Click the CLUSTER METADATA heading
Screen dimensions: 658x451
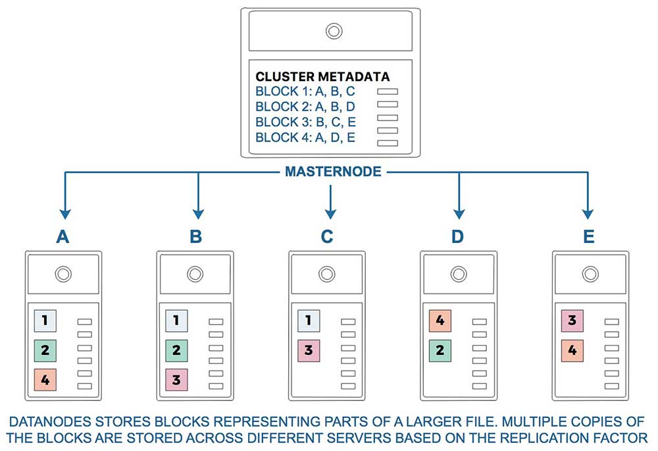point(322,76)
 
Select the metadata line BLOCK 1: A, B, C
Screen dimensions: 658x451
point(305,92)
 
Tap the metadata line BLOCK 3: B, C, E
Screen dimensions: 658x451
point(305,122)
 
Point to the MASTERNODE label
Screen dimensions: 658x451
point(333,171)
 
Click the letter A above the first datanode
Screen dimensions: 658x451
point(63,237)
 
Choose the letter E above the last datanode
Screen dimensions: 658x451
point(589,237)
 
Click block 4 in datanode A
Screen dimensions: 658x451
point(45,380)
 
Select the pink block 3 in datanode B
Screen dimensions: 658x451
point(176,380)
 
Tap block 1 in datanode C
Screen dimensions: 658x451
point(309,321)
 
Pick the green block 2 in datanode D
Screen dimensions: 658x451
point(440,350)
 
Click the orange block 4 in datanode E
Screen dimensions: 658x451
point(572,350)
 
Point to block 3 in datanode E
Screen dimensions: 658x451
point(572,321)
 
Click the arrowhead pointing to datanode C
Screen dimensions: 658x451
point(331,214)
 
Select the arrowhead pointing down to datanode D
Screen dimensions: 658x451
point(459,214)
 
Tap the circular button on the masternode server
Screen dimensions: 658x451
point(334,31)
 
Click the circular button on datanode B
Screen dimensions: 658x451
point(195,274)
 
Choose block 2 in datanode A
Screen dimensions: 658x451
point(45,350)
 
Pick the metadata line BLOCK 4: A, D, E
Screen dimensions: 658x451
point(305,138)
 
